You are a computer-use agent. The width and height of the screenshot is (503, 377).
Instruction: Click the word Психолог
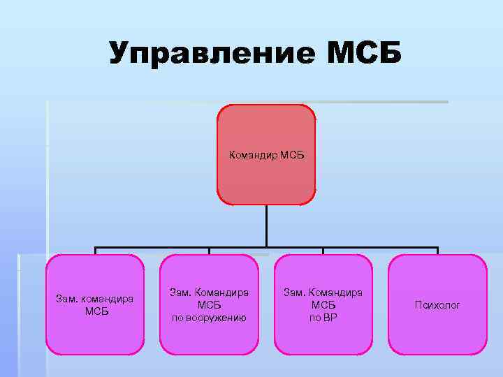[x=437, y=305]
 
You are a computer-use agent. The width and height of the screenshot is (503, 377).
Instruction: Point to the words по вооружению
[x=210, y=317]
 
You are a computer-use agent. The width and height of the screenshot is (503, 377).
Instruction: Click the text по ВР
[x=323, y=317]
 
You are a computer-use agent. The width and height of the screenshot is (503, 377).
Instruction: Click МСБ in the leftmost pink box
[x=96, y=311]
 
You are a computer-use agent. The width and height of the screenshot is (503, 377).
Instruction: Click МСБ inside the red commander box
[x=293, y=154]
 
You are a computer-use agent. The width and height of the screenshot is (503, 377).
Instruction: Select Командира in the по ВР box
[x=335, y=293]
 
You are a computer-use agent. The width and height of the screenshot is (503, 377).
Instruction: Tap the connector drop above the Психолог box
[x=437, y=251]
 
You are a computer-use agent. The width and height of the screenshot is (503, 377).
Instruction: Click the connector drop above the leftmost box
[x=96, y=251]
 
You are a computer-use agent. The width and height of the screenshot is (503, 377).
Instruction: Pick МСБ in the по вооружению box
[x=210, y=305]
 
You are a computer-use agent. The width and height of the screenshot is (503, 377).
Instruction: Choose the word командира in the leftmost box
[x=107, y=300]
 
